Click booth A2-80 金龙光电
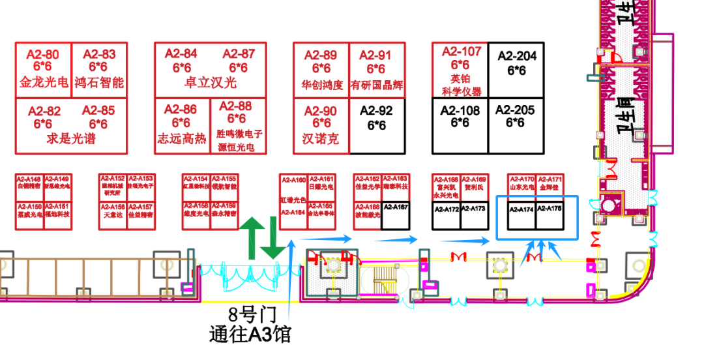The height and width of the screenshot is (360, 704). pos(44,69)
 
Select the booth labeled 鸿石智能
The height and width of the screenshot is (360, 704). pos(99,69)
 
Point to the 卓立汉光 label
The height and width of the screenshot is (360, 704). pos(211,83)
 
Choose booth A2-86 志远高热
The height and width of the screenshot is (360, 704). pos(181,126)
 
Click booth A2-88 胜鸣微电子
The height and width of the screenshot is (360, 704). pos(239,126)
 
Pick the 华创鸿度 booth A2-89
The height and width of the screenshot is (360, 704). pos(321,70)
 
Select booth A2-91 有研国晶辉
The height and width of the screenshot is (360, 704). pos(377,70)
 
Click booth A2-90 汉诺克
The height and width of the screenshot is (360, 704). pos(321,125)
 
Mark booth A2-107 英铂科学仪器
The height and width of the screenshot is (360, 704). pos(460,70)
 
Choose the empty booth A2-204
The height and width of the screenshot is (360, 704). pos(516,70)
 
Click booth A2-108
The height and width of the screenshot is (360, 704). pos(460,125)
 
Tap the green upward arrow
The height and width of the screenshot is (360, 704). pos(252,237)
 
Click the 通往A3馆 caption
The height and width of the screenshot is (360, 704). pos(250,335)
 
